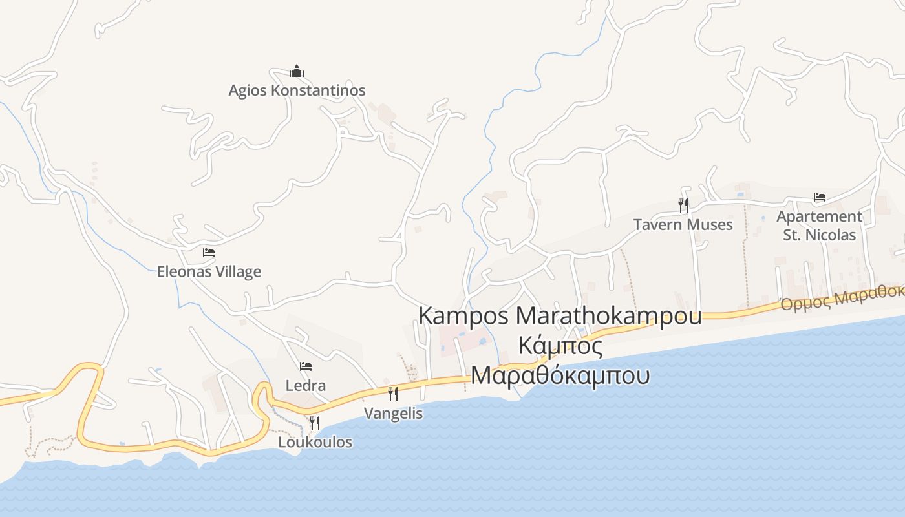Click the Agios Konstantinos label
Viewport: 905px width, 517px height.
tap(297, 90)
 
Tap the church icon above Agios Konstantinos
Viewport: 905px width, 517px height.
tap(297, 71)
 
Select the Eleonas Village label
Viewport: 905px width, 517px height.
tap(209, 271)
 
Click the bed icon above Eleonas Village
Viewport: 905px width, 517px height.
tap(208, 253)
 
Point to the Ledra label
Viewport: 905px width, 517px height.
tap(306, 386)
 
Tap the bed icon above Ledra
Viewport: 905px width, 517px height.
tap(306, 366)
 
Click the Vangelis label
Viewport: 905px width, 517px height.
tap(393, 414)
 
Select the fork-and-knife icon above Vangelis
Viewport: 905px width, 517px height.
tap(392, 394)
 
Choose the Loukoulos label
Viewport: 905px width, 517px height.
tap(315, 442)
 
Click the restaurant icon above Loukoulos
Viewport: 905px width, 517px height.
tap(315, 423)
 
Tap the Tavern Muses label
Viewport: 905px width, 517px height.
tap(683, 225)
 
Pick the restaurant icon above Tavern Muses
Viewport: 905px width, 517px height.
tap(683, 206)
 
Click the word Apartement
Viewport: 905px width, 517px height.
tap(819, 216)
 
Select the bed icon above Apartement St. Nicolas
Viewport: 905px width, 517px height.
tap(820, 197)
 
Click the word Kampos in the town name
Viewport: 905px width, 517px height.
tap(465, 316)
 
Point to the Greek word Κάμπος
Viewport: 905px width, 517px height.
tap(560, 347)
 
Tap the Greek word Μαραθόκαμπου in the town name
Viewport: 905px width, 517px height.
tap(560, 375)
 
